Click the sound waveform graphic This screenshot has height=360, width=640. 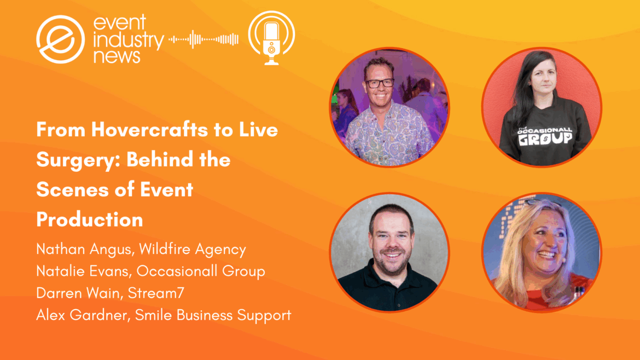coord(203,39)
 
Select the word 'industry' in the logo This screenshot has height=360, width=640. coord(129,39)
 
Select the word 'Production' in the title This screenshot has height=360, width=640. coord(90,219)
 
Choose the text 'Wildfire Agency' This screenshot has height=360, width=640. coord(193,249)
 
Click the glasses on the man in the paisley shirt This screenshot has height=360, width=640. coord(380,83)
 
